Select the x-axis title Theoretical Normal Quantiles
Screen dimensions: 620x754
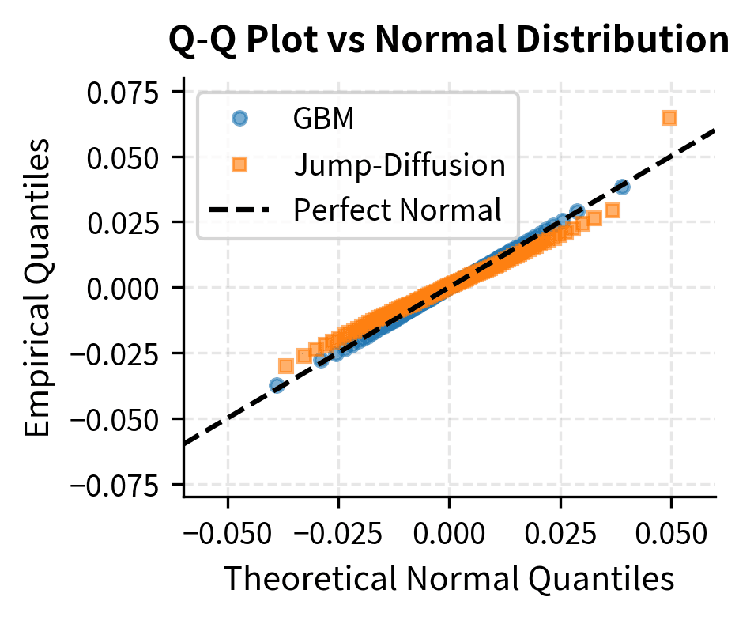pos(449,579)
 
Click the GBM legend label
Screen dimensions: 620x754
pos(323,119)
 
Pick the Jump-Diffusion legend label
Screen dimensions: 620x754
pos(399,165)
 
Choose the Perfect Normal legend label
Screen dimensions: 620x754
pos(398,211)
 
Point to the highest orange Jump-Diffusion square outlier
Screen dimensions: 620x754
pos(670,118)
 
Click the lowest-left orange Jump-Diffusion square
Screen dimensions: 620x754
pos(286,366)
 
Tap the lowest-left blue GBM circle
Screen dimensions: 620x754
pos(277,385)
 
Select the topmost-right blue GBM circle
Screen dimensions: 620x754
pos(622,187)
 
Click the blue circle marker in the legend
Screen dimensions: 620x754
pos(239,119)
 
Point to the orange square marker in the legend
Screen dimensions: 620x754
pos(239,165)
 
